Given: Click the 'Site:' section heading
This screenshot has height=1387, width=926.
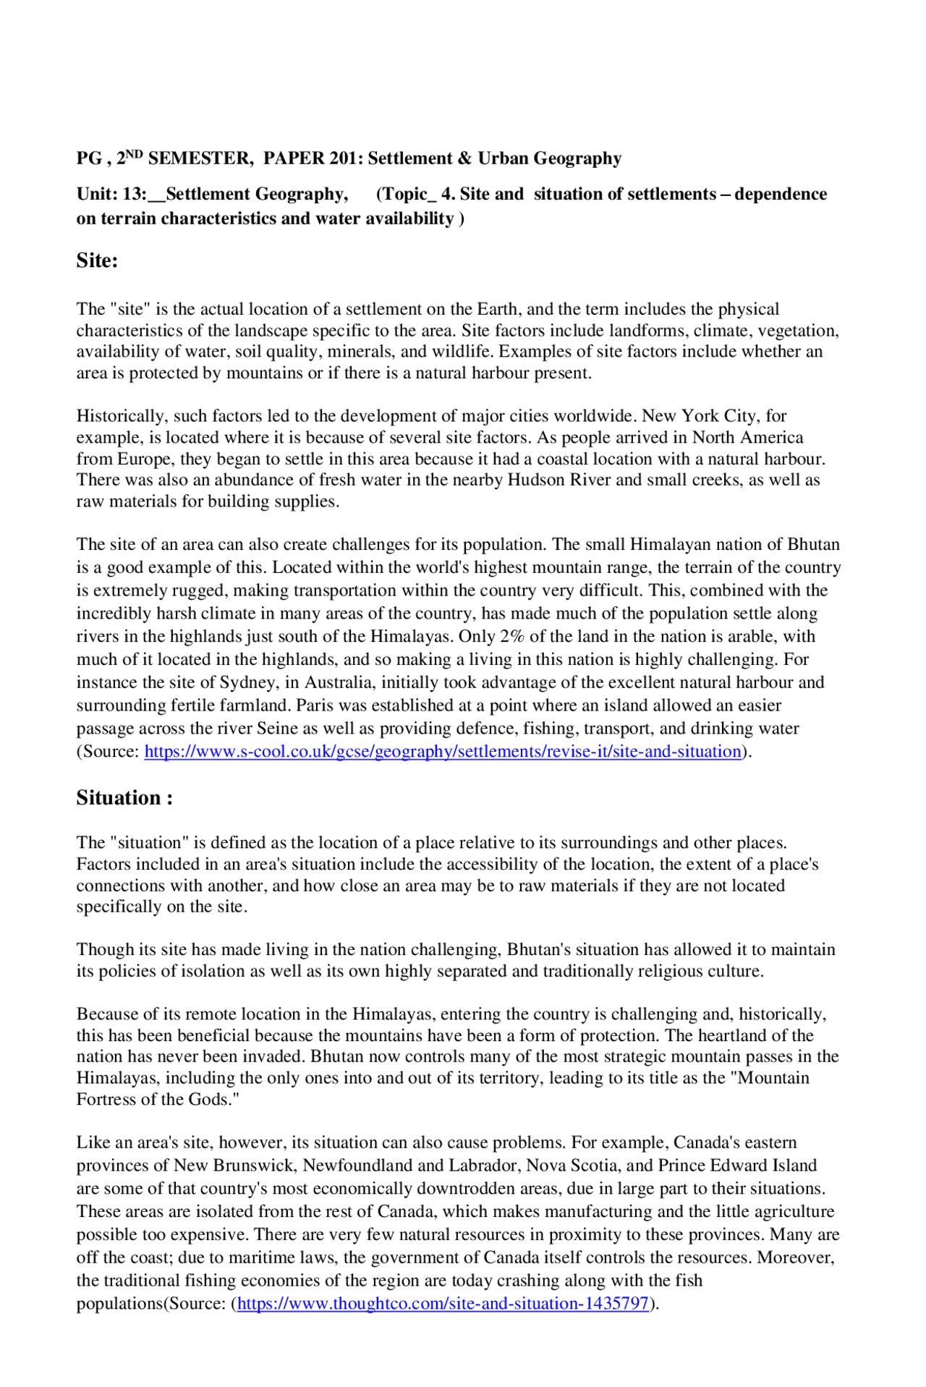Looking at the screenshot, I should pyautogui.click(x=97, y=261).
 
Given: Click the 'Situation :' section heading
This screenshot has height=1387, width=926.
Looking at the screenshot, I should pyautogui.click(x=124, y=798).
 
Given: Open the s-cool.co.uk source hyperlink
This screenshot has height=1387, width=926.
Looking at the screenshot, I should pyautogui.click(x=443, y=751).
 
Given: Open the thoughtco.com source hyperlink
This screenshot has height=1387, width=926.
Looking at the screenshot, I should pyautogui.click(x=443, y=1303).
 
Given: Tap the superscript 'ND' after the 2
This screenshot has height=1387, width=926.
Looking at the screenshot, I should pyautogui.click(x=135, y=154).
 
